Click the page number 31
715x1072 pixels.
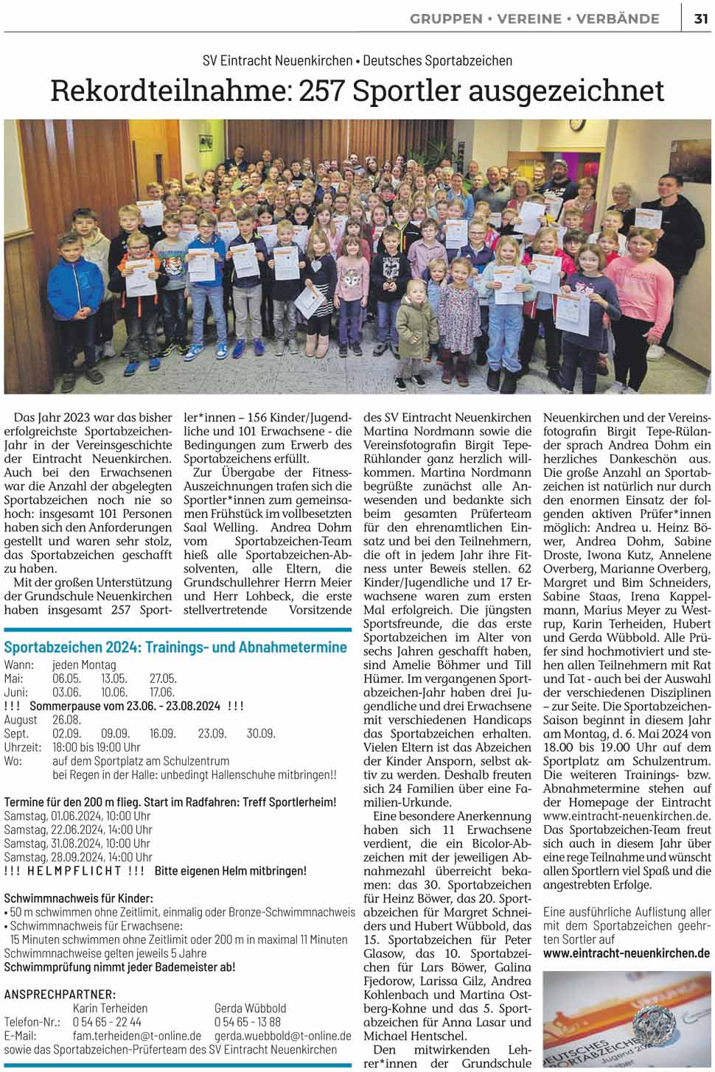click(700, 19)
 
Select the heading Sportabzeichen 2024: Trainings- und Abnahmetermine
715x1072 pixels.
click(175, 647)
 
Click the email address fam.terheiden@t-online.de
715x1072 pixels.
click(136, 1036)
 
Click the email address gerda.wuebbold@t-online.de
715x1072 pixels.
click(282, 1036)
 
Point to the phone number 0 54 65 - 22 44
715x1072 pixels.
click(107, 1022)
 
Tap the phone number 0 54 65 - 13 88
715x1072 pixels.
click(247, 1022)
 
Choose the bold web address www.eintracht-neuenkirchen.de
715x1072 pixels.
click(627, 953)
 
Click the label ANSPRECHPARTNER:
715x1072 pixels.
click(60, 994)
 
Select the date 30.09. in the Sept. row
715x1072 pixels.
click(260, 734)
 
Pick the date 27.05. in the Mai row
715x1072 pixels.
click(163, 679)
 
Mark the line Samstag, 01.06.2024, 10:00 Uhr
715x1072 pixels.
click(77, 816)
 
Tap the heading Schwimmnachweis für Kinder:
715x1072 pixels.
click(78, 898)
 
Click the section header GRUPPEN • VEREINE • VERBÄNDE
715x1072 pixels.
click(534, 19)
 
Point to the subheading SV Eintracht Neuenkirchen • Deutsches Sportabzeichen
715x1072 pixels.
click(357, 60)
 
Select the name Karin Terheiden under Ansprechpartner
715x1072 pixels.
click(110, 1008)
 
